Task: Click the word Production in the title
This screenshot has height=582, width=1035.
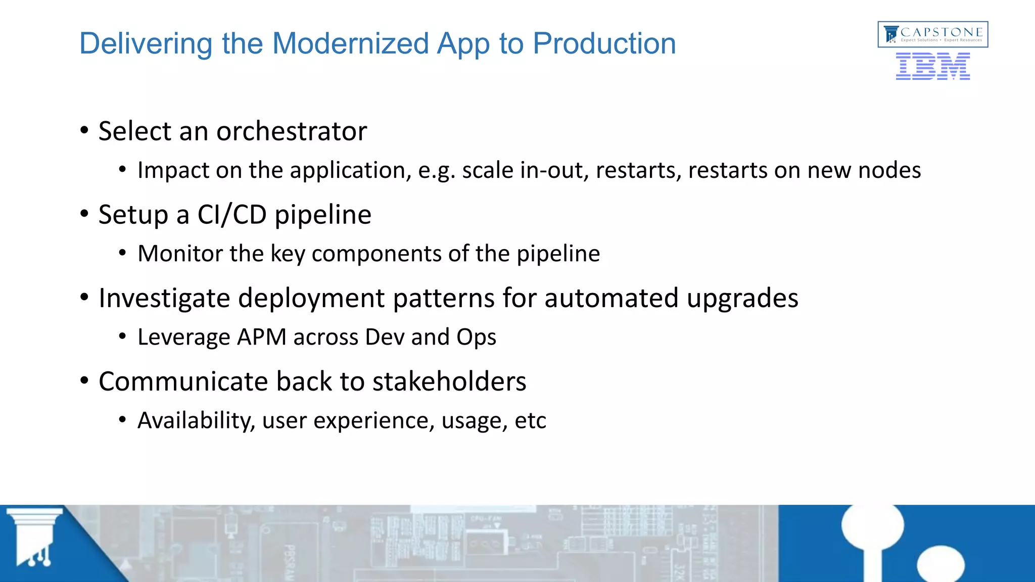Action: click(604, 43)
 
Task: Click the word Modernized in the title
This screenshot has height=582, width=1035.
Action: click(350, 43)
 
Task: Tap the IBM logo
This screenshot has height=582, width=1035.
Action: click(932, 67)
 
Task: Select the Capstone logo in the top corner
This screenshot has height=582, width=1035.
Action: click(932, 34)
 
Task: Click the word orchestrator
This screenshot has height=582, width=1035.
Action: click(292, 131)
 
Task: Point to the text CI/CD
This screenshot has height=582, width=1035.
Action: click(232, 215)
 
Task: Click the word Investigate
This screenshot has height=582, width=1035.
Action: click(164, 298)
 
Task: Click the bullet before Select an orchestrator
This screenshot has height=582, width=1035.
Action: click(84, 131)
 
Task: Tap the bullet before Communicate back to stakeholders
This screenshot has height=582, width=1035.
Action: click(84, 381)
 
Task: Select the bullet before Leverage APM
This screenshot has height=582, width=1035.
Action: click(122, 336)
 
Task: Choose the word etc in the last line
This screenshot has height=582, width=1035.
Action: click(530, 420)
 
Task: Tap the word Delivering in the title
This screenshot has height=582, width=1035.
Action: click(146, 43)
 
